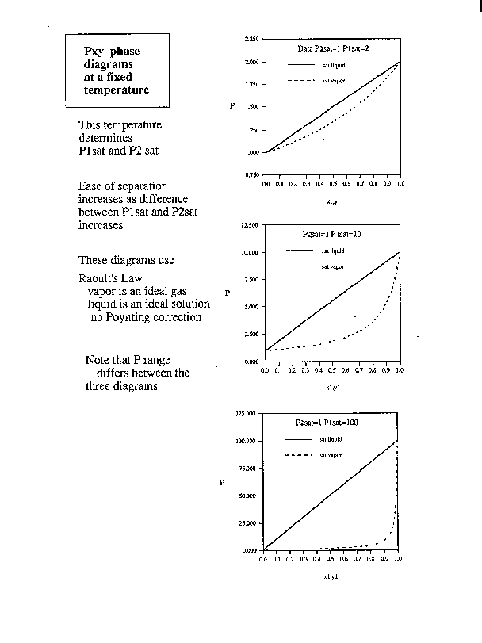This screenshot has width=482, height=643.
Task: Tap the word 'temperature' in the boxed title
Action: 117,90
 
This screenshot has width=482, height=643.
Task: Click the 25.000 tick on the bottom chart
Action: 247,523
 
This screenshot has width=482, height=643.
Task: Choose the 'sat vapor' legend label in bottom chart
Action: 331,456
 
